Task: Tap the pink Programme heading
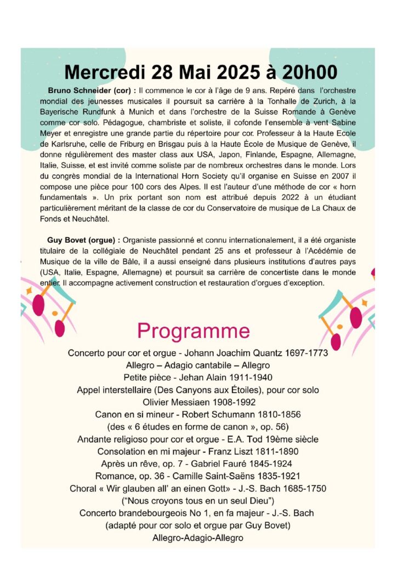[x=194, y=331]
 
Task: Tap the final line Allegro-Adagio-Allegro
[x=198, y=538]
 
